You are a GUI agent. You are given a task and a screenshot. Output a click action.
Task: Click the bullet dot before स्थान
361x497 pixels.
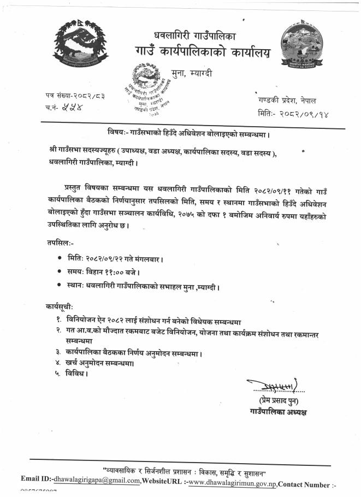coord(59,286)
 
